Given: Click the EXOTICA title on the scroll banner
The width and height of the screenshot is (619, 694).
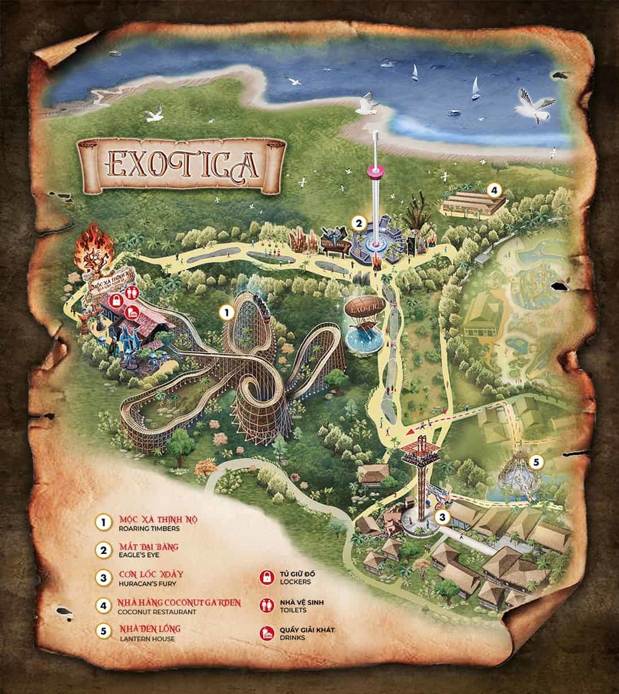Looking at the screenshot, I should click(181, 164).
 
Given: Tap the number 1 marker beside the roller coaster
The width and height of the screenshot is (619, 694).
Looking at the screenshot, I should click(227, 313).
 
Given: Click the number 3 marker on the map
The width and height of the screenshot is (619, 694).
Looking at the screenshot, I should click(441, 517).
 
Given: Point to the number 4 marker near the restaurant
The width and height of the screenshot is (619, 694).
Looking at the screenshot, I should click(493, 190).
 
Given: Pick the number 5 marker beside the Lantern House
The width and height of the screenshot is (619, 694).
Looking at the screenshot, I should click(537, 461).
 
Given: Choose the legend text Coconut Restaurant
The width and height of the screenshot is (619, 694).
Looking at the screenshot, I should click(157, 612).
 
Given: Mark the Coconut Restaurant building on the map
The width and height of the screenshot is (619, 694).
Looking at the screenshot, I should click(474, 203).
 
